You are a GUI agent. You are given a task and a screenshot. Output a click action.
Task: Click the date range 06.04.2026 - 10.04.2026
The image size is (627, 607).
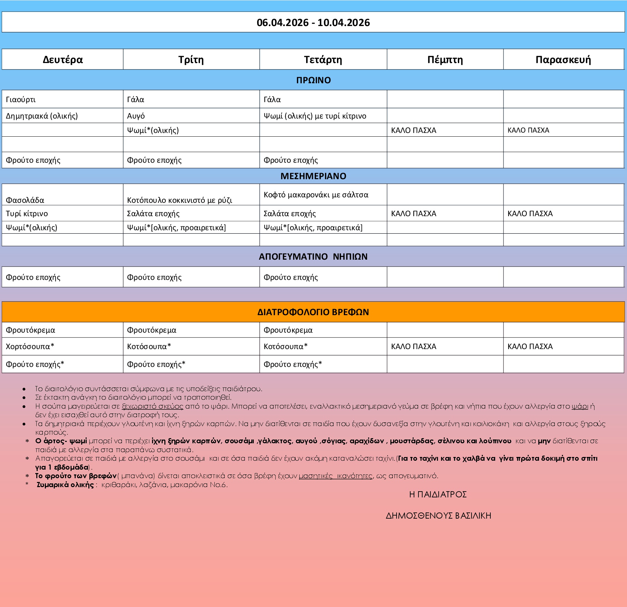point(313,23)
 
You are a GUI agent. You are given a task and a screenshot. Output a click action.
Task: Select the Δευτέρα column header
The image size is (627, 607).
point(63,60)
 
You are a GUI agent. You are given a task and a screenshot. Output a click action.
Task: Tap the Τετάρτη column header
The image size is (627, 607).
point(323,60)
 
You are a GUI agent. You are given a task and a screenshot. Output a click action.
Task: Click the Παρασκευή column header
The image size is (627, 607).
point(563,60)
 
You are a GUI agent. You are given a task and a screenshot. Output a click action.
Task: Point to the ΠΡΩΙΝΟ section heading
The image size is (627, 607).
point(313,80)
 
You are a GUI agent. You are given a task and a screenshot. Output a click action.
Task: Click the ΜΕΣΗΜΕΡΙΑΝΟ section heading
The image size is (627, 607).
point(313,176)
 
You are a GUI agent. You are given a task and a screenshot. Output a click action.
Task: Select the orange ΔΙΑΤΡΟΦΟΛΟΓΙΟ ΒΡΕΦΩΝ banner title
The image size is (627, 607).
point(313,312)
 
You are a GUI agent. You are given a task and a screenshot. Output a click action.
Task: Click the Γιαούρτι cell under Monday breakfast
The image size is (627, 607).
point(21,100)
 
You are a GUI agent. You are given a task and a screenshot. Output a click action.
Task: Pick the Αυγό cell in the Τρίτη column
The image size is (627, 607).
point(136,116)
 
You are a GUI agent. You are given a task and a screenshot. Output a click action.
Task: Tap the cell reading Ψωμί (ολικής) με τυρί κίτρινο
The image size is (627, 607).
point(315,116)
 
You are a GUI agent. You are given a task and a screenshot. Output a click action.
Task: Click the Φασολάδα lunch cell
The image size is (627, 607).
point(25,200)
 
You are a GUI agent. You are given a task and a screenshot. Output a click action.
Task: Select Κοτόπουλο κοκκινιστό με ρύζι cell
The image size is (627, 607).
point(179,200)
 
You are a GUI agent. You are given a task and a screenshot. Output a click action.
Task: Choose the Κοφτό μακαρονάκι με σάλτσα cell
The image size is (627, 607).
point(316,195)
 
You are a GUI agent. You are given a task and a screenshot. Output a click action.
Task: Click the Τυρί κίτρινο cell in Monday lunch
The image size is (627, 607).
point(27,214)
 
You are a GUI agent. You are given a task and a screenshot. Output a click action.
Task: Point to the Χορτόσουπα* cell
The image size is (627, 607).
point(30,346)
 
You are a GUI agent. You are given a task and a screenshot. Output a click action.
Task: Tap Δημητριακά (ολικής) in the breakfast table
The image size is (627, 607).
point(42,116)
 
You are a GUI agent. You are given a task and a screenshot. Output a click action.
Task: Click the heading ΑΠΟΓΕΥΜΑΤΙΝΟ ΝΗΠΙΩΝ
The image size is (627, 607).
point(313,257)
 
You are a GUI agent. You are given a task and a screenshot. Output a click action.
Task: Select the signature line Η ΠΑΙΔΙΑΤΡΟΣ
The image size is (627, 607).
point(438,494)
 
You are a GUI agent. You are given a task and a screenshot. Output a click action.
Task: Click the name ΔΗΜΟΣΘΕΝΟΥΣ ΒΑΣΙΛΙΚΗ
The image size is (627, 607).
point(438,516)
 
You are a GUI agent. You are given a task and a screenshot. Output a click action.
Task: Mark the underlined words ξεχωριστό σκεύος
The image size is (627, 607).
point(152,406)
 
